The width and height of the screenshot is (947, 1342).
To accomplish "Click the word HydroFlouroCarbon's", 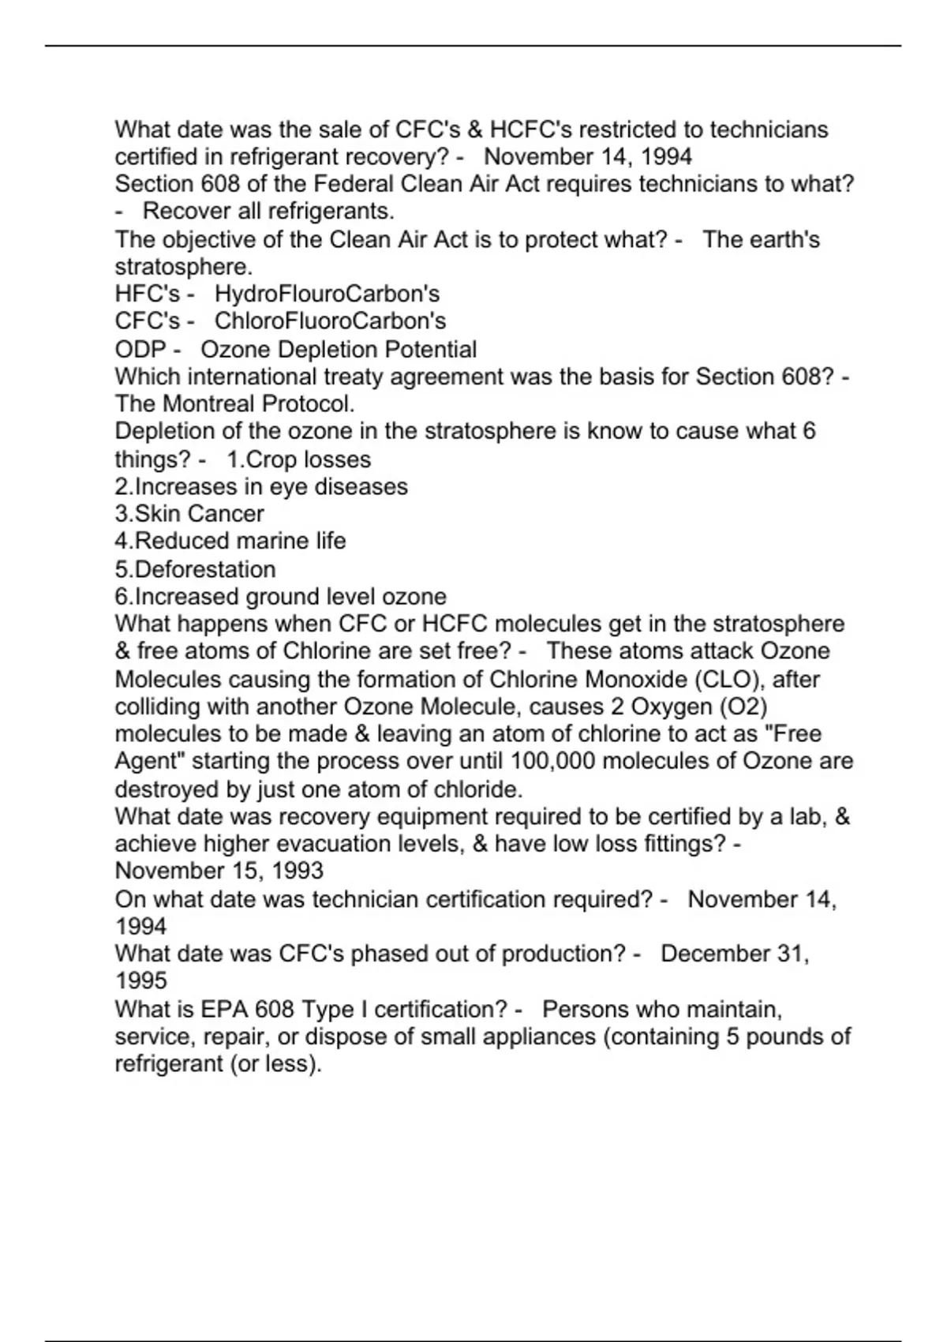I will point(327,294).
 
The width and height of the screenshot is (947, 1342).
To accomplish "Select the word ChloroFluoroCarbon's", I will point(330,321).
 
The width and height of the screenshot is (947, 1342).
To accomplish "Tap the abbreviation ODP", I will point(140,350).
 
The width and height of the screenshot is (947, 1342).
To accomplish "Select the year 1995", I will point(141,981).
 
